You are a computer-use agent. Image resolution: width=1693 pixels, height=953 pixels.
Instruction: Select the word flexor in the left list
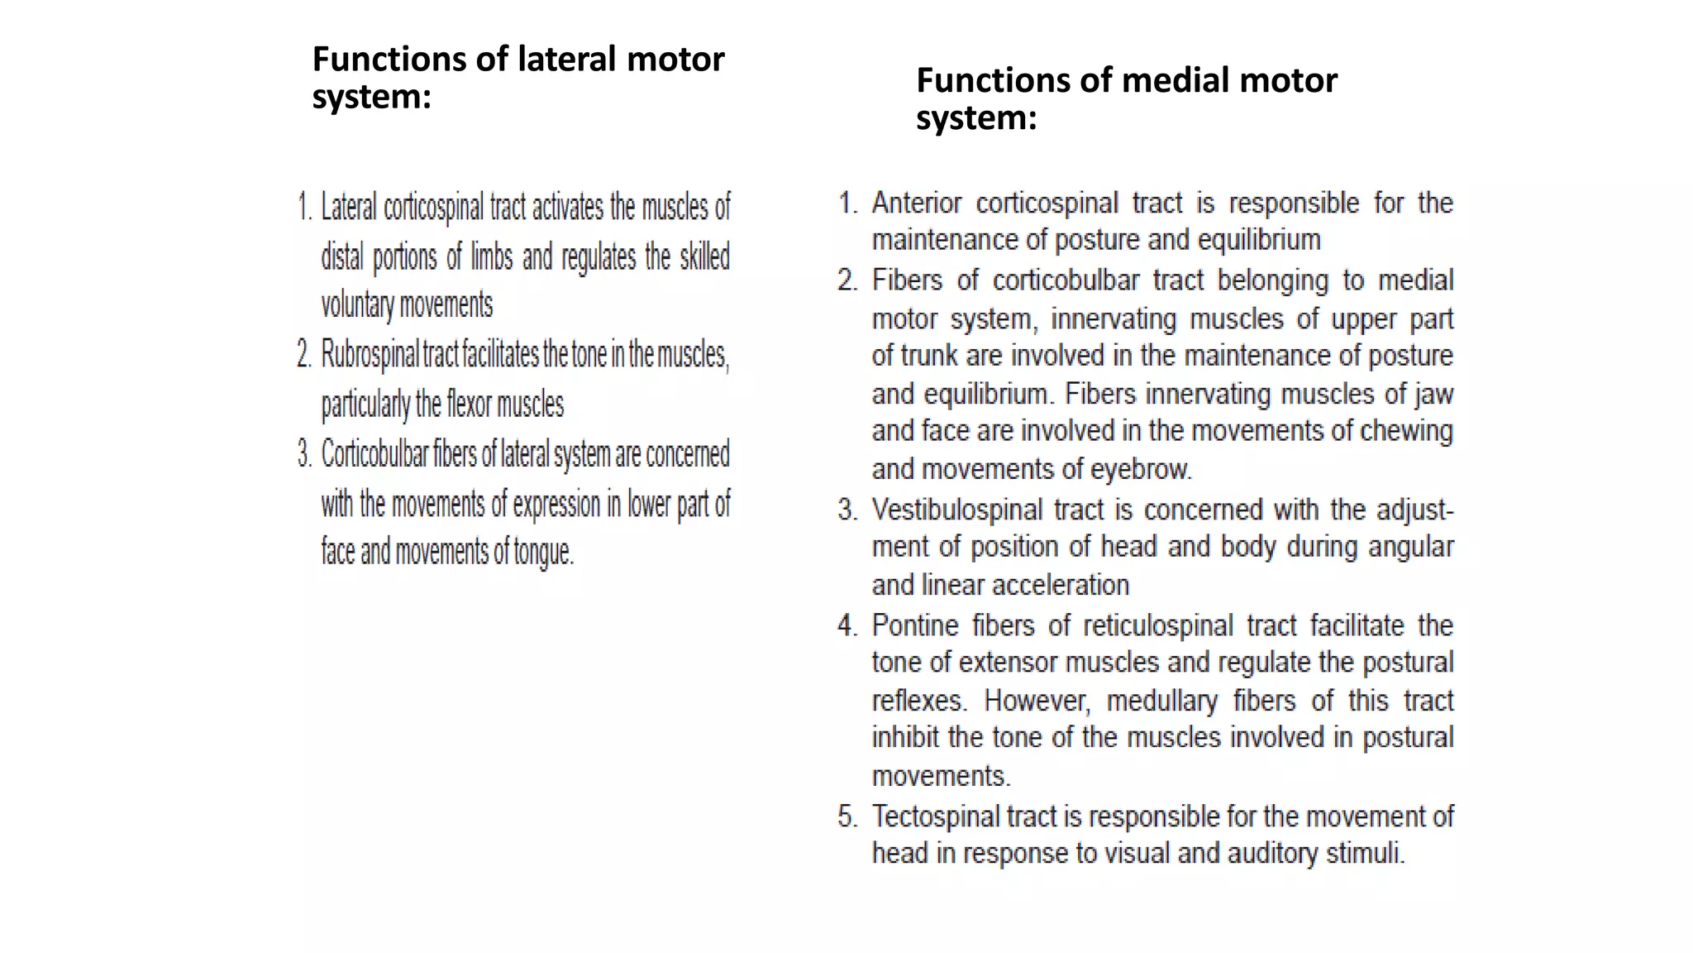470,405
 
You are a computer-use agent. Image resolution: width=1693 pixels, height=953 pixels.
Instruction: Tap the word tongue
543,552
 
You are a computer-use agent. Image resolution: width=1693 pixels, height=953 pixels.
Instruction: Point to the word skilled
704,257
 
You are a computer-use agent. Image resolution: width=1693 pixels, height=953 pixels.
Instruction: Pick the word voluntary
358,305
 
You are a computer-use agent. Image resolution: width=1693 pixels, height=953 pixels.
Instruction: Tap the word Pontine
915,625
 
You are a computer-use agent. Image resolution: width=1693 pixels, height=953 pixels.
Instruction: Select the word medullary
1161,701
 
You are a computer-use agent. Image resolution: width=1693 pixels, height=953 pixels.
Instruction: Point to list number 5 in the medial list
847,817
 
